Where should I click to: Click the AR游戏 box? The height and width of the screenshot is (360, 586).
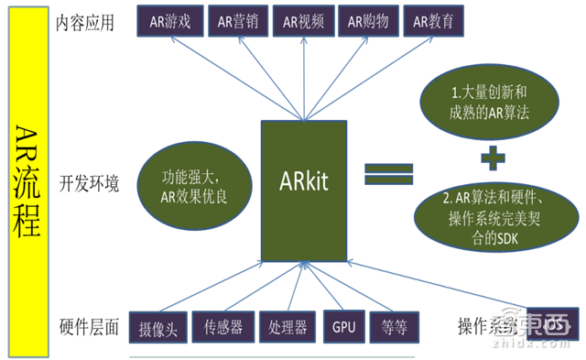(168, 21)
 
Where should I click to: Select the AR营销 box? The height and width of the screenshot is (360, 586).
(236, 21)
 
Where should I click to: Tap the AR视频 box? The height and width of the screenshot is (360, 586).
(303, 21)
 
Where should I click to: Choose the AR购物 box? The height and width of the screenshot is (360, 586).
(367, 21)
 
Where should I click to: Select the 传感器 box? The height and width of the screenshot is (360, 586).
(223, 325)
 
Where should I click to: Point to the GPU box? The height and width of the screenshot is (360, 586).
(342, 325)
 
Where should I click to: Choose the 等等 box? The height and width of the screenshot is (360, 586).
(392, 325)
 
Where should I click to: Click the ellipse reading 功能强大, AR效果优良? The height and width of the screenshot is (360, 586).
(190, 179)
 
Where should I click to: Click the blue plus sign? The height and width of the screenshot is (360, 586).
(493, 158)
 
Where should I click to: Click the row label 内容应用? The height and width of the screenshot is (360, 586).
(85, 23)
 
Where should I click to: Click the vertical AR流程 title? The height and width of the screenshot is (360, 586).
(27, 179)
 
